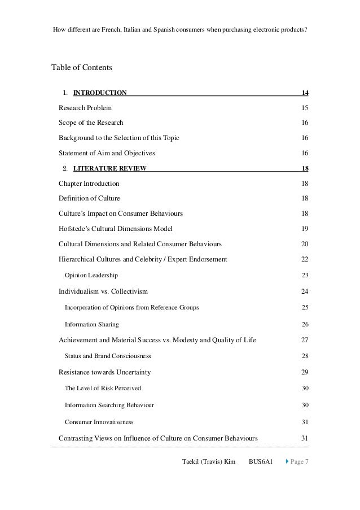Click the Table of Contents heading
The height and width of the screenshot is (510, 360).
(x=82, y=68)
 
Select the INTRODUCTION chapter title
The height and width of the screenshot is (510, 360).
(x=100, y=93)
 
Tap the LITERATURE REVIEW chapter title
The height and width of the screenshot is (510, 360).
(x=110, y=168)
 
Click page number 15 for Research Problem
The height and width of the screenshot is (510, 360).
(x=305, y=108)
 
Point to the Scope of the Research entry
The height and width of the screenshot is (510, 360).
(x=91, y=123)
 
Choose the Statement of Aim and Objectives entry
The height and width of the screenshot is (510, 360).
(x=107, y=153)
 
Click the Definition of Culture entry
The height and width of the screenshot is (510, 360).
(x=89, y=198)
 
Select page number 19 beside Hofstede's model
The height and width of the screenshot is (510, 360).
(x=305, y=229)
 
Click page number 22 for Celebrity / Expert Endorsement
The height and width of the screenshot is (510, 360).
(x=305, y=259)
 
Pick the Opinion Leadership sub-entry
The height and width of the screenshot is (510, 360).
(x=91, y=275)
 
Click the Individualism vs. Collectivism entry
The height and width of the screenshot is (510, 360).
(x=103, y=291)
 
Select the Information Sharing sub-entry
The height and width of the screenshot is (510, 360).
(x=92, y=325)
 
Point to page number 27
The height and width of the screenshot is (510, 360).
(x=305, y=340)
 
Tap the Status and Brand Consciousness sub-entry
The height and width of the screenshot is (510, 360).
(x=108, y=356)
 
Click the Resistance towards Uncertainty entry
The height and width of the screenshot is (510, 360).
(x=104, y=372)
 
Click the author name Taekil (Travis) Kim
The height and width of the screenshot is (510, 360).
(x=209, y=462)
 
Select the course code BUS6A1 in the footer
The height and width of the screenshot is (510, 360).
(x=261, y=462)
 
